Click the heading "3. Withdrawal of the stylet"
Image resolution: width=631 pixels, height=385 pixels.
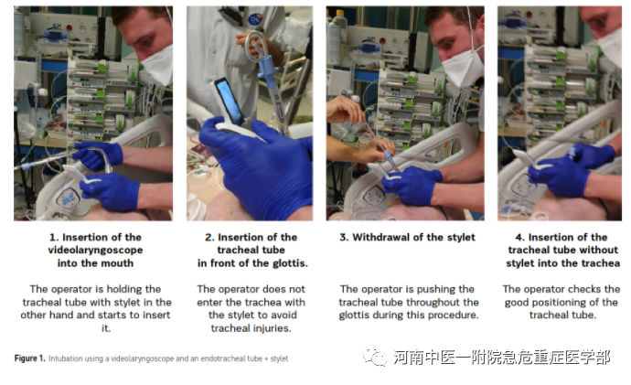tap(407, 238)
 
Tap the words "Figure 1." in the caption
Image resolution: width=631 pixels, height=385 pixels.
tap(30, 358)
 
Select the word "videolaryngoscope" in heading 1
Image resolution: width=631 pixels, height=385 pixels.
tap(95, 251)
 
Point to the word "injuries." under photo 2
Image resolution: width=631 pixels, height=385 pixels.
tap(272, 328)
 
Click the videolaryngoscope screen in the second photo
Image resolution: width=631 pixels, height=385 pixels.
tap(229, 101)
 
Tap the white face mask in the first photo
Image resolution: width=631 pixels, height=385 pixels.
tap(158, 66)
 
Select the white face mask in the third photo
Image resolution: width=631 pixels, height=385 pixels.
tap(463, 68)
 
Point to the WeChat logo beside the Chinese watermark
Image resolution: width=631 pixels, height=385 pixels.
tap(375, 357)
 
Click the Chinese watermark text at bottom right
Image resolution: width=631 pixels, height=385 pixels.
tap(502, 357)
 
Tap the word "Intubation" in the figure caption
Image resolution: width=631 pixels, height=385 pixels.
tap(62, 358)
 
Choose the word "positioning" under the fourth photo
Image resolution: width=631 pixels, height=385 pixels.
tap(561, 302)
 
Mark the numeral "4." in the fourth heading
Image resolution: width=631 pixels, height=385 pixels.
tap(520, 238)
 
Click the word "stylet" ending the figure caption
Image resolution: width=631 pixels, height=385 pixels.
tap(280, 358)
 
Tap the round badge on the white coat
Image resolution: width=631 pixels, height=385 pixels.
tap(254, 19)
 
